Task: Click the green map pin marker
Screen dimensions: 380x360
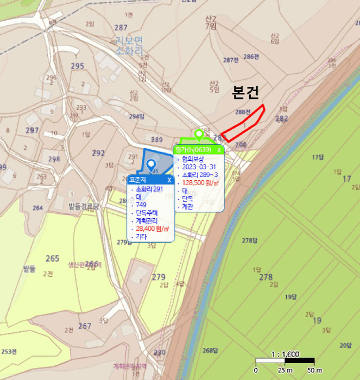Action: (x=199, y=134)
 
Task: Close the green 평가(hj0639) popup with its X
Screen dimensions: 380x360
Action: (x=219, y=150)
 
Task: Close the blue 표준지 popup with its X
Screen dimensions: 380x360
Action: (x=169, y=180)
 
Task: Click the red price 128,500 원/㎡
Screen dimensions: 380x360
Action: (x=200, y=183)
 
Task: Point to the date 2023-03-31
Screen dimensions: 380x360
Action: (x=200, y=167)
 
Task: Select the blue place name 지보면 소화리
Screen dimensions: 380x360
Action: (x=129, y=45)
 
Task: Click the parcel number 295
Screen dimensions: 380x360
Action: (x=77, y=66)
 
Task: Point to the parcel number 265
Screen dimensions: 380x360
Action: (x=52, y=258)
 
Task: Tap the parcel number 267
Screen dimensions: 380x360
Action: (x=84, y=326)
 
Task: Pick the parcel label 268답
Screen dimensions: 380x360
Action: (x=210, y=350)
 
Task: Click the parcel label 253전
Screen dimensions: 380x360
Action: (x=9, y=351)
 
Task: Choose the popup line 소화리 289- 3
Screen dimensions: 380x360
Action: (x=200, y=175)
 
